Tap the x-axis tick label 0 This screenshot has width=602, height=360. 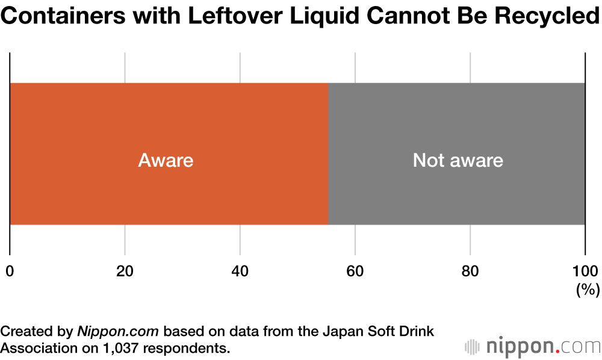click(x=10, y=271)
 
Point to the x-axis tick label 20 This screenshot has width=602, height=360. click(x=125, y=271)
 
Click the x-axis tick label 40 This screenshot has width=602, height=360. click(x=240, y=271)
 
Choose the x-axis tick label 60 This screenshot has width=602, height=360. click(x=355, y=271)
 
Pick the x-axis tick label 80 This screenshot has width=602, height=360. click(x=470, y=271)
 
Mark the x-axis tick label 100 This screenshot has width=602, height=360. click(x=585, y=271)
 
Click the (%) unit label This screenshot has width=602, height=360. click(x=588, y=290)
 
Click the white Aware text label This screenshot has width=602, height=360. click(x=166, y=161)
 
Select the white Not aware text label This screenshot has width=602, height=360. click(x=458, y=161)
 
